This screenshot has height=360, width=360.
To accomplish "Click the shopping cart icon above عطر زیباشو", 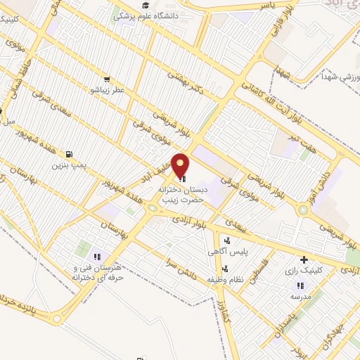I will point(106,79).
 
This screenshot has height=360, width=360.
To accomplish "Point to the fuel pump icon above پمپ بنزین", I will point(67,155).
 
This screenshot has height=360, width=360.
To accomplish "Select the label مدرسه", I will point(301,296).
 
